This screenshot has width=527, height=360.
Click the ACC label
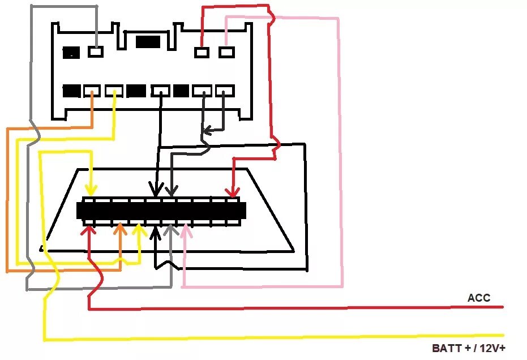479,298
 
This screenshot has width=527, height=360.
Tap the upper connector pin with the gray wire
96,52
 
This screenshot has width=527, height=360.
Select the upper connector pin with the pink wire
226,53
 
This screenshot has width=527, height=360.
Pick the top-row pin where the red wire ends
202,53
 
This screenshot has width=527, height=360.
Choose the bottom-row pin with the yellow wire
114,91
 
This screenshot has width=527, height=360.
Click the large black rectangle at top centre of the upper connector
148,41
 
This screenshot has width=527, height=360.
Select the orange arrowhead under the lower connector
120,230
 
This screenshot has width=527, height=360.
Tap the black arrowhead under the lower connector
156,230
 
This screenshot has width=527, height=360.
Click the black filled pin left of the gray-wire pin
71,53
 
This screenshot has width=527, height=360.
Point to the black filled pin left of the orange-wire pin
71,91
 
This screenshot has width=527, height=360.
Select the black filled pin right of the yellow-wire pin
136,91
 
